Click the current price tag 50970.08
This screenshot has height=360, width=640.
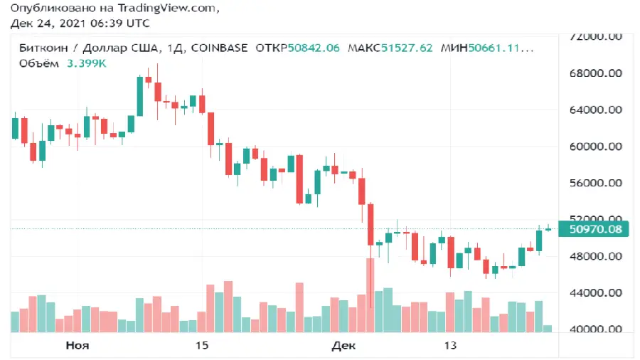tap(596, 229)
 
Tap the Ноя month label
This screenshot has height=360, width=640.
tap(77, 346)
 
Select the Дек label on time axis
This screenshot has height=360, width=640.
tap(343, 346)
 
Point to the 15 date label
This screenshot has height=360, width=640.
tap(201, 346)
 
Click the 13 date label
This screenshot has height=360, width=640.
tap(449, 346)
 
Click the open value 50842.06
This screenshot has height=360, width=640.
tap(313, 48)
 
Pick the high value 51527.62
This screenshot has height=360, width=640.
tap(406, 48)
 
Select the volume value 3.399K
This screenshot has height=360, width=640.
tap(87, 63)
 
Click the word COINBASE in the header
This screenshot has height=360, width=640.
tap(219, 48)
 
